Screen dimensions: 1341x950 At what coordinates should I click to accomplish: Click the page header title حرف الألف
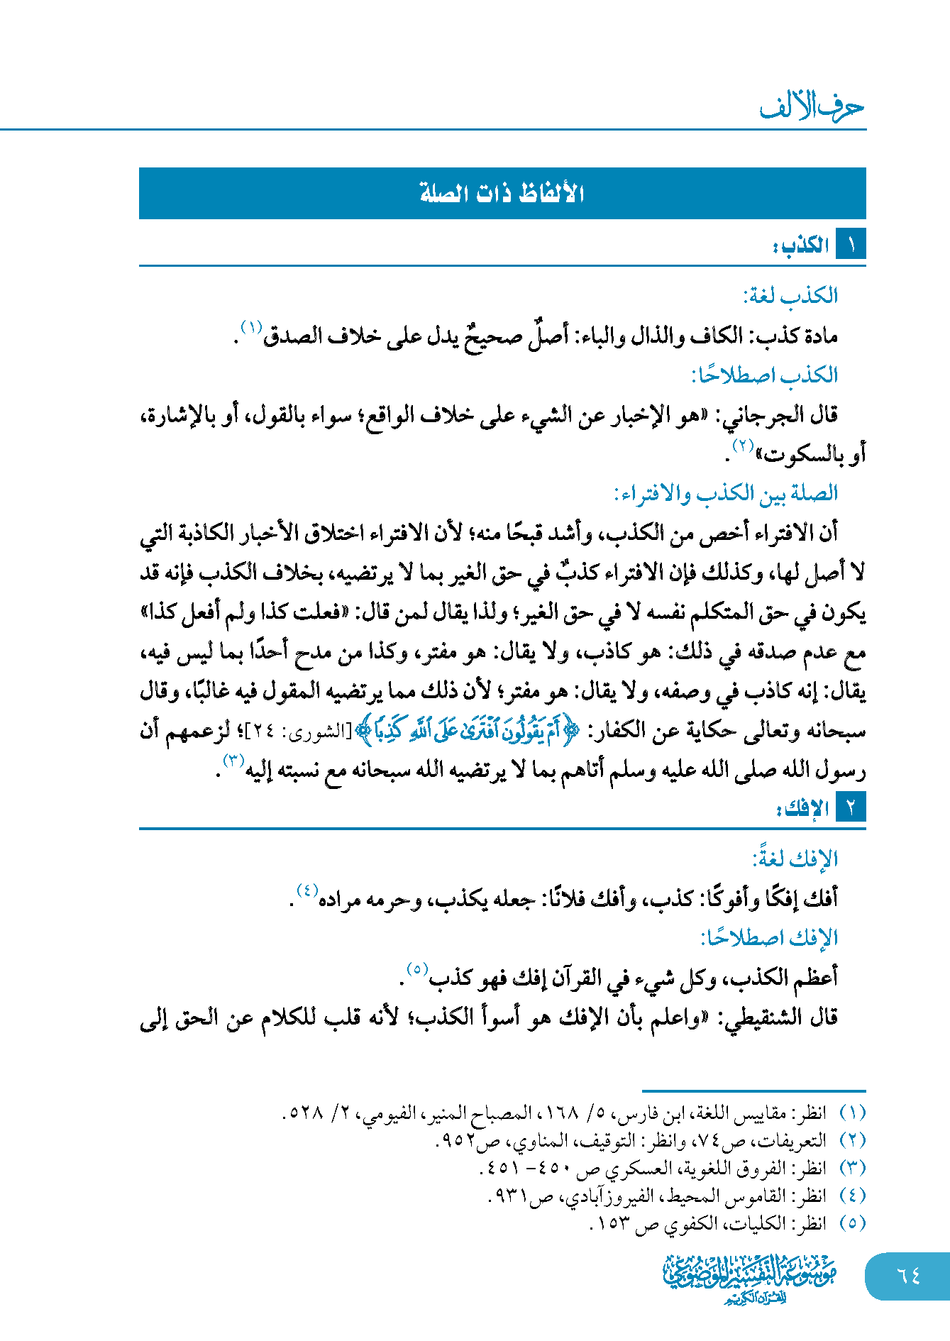[812, 106]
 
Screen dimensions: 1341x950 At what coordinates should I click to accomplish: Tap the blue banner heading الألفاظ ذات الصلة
[502, 193]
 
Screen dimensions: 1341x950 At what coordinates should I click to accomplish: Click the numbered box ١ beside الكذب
[851, 245]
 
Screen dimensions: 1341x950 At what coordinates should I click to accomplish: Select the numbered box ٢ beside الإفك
[851, 807]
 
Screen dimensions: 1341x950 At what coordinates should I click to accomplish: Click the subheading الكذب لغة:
[790, 295]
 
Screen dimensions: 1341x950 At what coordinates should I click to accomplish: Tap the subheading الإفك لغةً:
[795, 859]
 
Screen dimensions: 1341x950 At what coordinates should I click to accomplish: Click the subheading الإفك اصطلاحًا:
[769, 938]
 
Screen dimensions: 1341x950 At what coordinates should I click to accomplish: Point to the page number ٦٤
[908, 1275]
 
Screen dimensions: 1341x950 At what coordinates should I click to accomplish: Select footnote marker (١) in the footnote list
[852, 1113]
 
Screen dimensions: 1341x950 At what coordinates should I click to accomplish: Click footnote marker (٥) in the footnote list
[852, 1223]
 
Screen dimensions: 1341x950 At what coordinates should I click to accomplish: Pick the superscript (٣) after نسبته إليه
[233, 761]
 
